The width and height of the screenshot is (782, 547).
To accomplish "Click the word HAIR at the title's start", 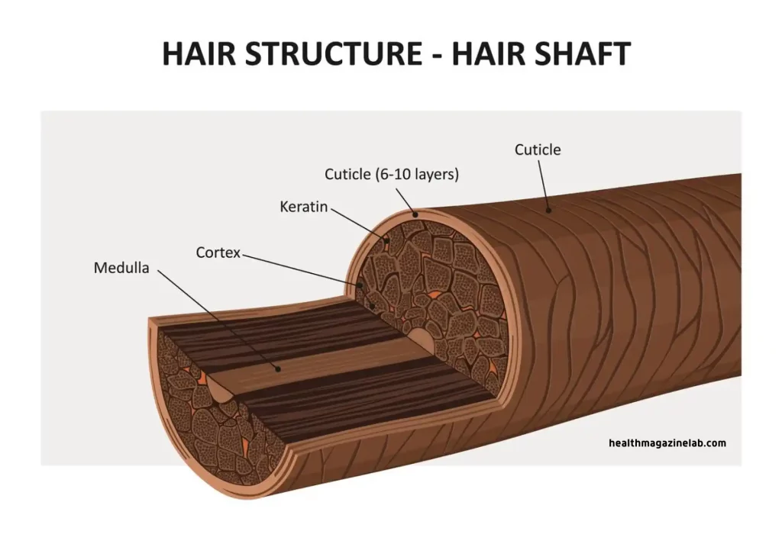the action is coord(199,54).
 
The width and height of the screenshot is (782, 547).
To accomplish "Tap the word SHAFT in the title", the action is coord(581,54).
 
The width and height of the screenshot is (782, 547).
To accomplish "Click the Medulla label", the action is coord(121,268).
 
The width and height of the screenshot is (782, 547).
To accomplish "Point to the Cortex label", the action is coord(218,253).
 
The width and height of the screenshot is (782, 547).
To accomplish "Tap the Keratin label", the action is coord(303,207).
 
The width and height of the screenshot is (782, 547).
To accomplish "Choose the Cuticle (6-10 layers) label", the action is coord(392,175).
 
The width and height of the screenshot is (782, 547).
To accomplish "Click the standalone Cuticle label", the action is coord(538,150).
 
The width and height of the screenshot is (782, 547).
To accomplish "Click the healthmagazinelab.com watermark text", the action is coord(667,443).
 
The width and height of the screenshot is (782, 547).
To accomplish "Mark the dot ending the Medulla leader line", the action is coord(279,369).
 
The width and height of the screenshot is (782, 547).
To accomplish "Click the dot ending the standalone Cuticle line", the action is coord(548,211).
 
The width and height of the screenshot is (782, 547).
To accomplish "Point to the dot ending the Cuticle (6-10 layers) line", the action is coord(415,214).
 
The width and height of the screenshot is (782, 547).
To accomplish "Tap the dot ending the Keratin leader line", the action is coord(386,241).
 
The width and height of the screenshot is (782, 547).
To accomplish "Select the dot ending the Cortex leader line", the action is coord(360,286).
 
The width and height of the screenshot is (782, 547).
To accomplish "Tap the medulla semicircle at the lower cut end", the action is coord(220,390).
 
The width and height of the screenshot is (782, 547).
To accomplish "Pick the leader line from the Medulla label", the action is coord(218,320).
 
